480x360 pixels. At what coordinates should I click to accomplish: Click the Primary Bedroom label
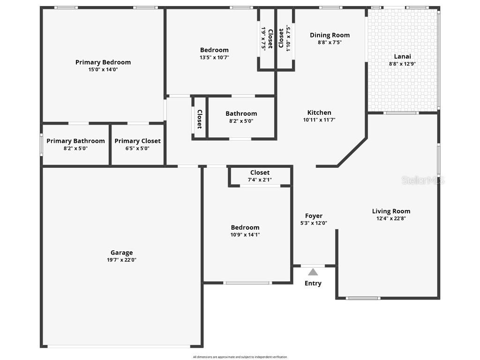pyautogui.click(x=103, y=62)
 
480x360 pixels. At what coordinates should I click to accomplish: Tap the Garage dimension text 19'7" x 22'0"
pyautogui.click(x=121, y=260)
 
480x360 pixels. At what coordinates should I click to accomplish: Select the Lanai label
pyautogui.click(x=402, y=56)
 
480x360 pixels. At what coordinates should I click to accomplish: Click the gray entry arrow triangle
pyautogui.click(x=313, y=272)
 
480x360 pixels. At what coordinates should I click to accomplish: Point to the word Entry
pyautogui.click(x=313, y=283)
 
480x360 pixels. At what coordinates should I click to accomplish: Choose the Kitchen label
pyautogui.click(x=319, y=112)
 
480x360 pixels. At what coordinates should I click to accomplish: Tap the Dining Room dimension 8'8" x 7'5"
pyautogui.click(x=330, y=42)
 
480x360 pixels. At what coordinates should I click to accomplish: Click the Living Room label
pyautogui.click(x=391, y=211)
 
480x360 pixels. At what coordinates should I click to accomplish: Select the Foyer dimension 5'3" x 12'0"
pyautogui.click(x=314, y=223)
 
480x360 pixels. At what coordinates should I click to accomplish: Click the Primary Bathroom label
pyautogui.click(x=75, y=141)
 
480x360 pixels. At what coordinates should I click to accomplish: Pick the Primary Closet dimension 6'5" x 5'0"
pyautogui.click(x=137, y=148)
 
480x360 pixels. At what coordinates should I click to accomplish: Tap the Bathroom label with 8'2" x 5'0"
pyautogui.click(x=241, y=113)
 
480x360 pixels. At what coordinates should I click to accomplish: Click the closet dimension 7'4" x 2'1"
pyautogui.click(x=260, y=180)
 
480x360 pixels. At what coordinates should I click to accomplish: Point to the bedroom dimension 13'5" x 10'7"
pyautogui.click(x=214, y=57)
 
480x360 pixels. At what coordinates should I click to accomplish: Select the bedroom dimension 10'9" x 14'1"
pyautogui.click(x=245, y=234)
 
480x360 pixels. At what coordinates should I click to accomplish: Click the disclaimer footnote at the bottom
pyautogui.click(x=240, y=357)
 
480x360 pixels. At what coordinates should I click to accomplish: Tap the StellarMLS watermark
pyautogui.click(x=423, y=180)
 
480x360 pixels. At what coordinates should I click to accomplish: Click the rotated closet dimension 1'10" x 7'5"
pyautogui.click(x=289, y=37)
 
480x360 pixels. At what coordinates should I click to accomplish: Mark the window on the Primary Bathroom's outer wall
pyautogui.click(x=41, y=145)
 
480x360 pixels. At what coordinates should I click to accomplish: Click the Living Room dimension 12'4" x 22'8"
pyautogui.click(x=391, y=218)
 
